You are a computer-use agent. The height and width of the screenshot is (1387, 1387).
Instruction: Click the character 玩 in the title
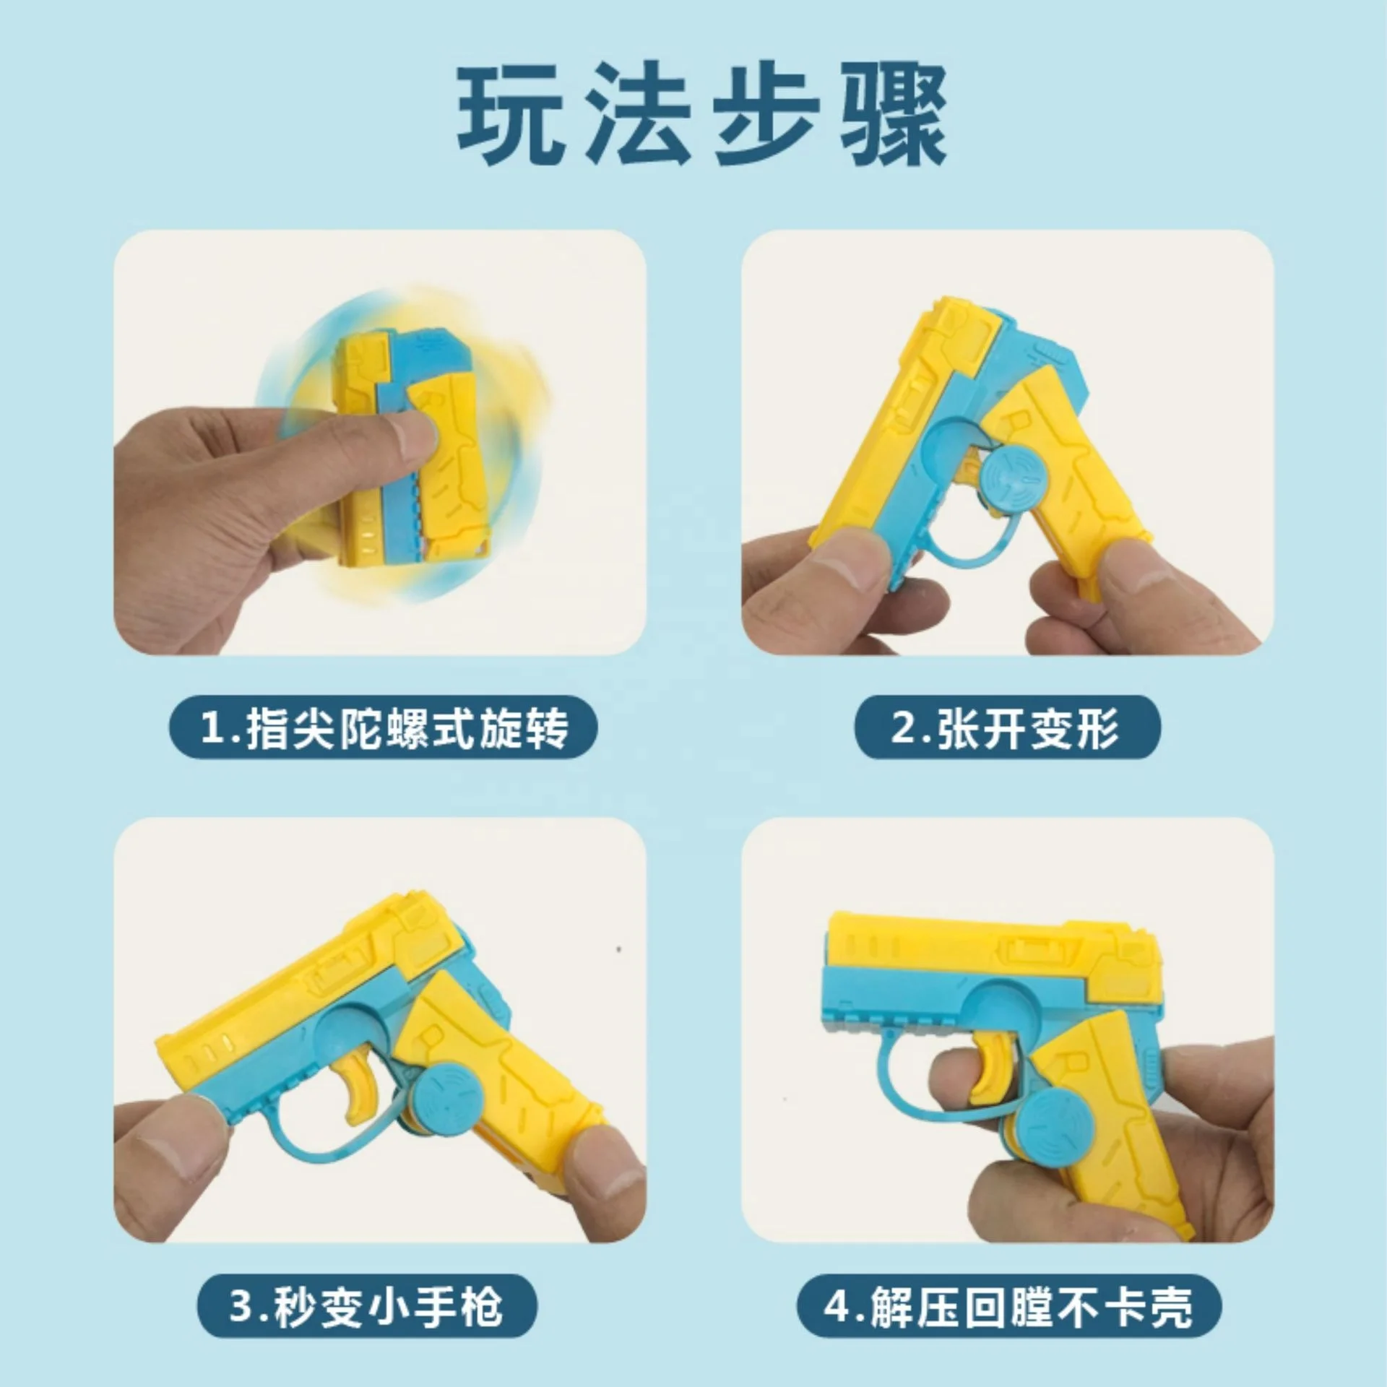pyautogui.click(x=511, y=116)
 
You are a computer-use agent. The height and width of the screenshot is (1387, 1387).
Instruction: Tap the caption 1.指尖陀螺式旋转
pyautogui.click(x=384, y=727)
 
